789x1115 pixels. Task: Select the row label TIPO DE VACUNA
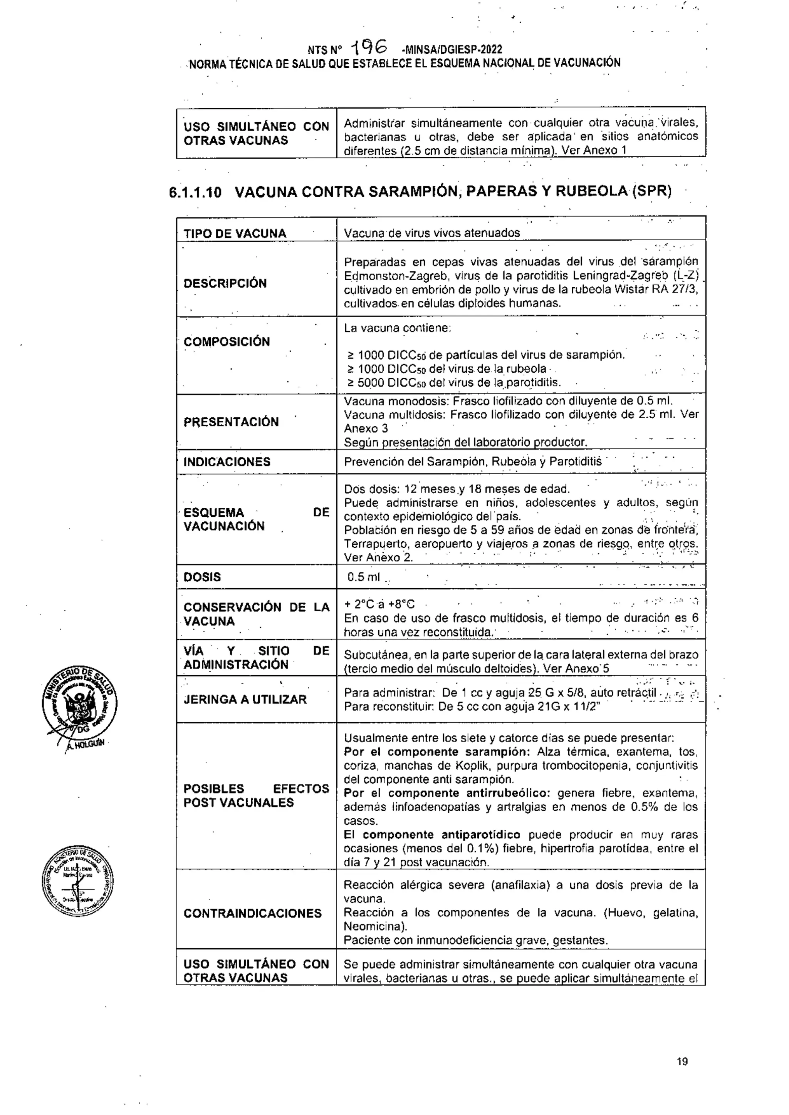pyautogui.click(x=235, y=234)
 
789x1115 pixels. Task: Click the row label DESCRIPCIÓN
pyautogui.click(x=225, y=283)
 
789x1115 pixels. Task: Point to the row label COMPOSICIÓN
pyautogui.click(x=227, y=342)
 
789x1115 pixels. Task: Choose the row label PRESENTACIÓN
pyautogui.click(x=231, y=422)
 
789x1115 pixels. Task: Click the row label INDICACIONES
pyautogui.click(x=227, y=461)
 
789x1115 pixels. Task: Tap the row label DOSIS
pyautogui.click(x=202, y=577)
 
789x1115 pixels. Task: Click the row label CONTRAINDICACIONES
pyautogui.click(x=252, y=913)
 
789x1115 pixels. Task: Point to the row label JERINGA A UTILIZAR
pyautogui.click(x=245, y=699)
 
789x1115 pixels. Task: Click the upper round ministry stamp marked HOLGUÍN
pyautogui.click(x=79, y=702)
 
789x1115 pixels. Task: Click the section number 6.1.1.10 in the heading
pyautogui.click(x=195, y=192)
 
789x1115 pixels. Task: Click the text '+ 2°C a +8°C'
pyautogui.click(x=379, y=604)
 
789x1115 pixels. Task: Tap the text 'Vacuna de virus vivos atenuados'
pyautogui.click(x=431, y=233)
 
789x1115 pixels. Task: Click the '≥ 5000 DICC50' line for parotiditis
pyautogui.click(x=454, y=383)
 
